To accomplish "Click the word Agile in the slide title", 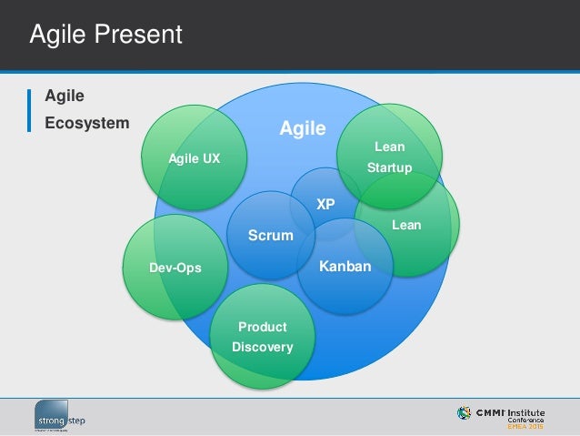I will tap(60, 35).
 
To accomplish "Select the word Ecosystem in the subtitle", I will tap(87, 122).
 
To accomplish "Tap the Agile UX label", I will tap(195, 158).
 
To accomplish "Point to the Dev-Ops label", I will tap(175, 268).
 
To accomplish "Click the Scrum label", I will tap(271, 236).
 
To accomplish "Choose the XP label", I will tap(325, 205).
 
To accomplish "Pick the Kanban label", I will tap(345, 268).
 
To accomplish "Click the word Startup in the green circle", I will tap(389, 167).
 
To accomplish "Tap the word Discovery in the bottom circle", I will tap(263, 347).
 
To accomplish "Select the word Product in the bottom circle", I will tap(263, 327).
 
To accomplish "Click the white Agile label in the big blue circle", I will tap(303, 129).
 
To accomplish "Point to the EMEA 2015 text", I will tap(526, 426).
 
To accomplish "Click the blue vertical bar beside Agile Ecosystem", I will tap(29, 109).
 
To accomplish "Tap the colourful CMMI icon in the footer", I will tap(465, 413).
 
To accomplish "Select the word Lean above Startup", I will tap(389, 147).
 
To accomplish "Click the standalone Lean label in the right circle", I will tap(406, 225).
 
